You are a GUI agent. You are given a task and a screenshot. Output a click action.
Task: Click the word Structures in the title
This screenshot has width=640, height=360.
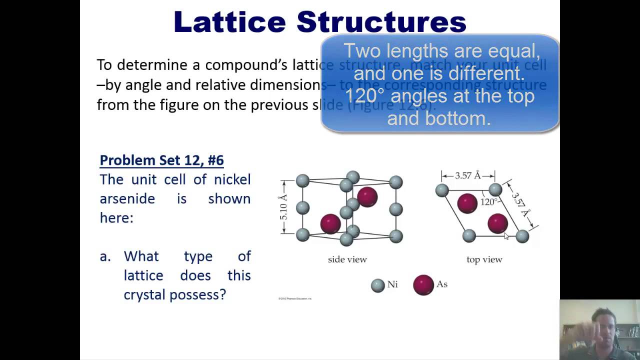click(381, 22)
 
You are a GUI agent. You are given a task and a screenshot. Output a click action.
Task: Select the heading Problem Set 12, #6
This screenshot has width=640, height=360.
click(161, 160)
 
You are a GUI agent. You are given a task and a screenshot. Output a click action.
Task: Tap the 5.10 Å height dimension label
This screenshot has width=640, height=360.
click(283, 207)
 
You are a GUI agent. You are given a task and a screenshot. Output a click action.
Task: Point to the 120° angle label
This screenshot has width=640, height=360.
click(488, 202)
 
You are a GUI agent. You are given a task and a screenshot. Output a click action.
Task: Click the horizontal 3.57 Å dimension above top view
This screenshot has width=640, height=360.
click(467, 175)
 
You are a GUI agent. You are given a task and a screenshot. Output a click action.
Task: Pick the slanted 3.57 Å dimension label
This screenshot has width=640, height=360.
click(520, 205)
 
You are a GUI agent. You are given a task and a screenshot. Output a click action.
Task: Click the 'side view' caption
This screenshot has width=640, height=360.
click(347, 259)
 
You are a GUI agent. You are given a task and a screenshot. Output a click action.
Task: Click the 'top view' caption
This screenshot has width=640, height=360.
click(484, 259)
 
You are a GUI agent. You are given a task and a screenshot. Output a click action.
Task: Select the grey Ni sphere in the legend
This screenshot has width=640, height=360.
click(377, 285)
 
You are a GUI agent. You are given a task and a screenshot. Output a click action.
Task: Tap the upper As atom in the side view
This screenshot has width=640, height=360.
click(367, 197)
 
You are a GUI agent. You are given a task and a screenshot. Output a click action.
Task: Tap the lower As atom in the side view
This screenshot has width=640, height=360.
click(330, 224)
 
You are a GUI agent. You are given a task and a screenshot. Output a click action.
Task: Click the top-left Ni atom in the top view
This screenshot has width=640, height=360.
click(442, 190)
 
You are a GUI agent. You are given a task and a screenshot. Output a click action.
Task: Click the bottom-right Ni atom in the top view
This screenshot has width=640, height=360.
click(522, 236)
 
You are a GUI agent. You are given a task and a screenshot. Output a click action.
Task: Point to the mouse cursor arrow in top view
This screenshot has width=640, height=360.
click(506, 236)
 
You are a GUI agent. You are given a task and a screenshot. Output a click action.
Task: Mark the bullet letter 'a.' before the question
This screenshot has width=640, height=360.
click(105, 256)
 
